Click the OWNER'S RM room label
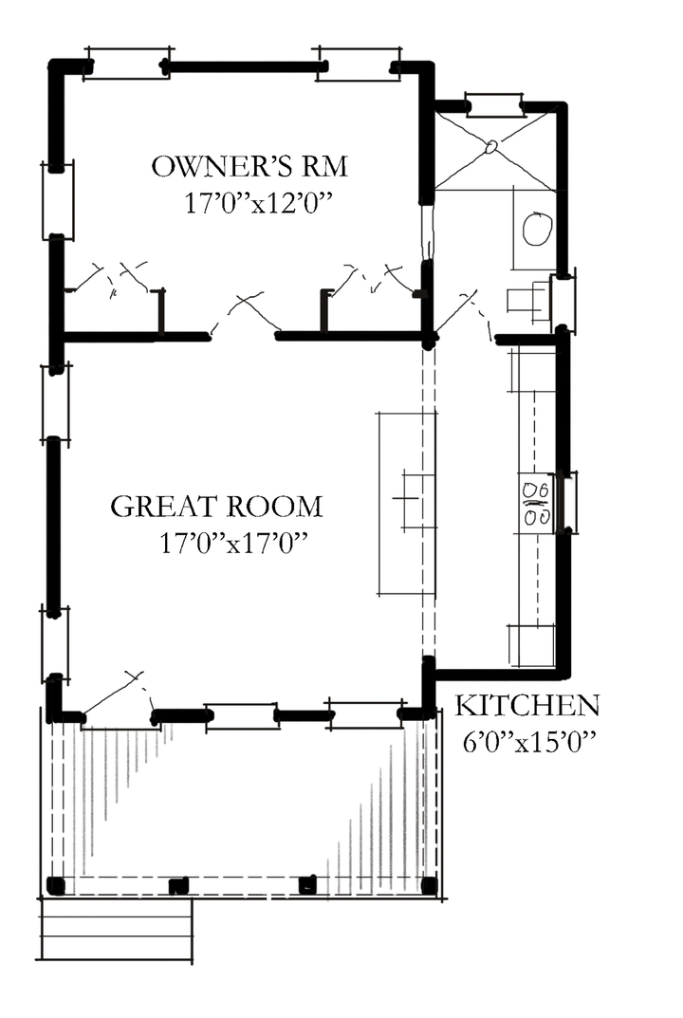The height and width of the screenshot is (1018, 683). pyautogui.click(x=249, y=168)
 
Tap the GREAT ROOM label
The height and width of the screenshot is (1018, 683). pyautogui.click(x=216, y=507)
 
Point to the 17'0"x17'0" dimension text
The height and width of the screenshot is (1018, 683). pyautogui.click(x=234, y=544)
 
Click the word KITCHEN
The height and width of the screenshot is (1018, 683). pyautogui.click(x=527, y=706)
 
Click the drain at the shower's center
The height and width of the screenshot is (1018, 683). pyautogui.click(x=492, y=147)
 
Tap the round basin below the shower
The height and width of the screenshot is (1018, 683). pyautogui.click(x=538, y=229)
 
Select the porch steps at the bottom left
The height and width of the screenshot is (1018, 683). pyautogui.click(x=116, y=930)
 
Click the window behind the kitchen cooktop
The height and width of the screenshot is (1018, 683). pyautogui.click(x=567, y=501)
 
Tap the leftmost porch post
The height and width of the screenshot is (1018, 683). pyautogui.click(x=56, y=886)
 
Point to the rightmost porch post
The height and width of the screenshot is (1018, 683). pyautogui.click(x=429, y=886)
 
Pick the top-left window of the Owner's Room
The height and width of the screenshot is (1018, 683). pyautogui.click(x=128, y=64)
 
